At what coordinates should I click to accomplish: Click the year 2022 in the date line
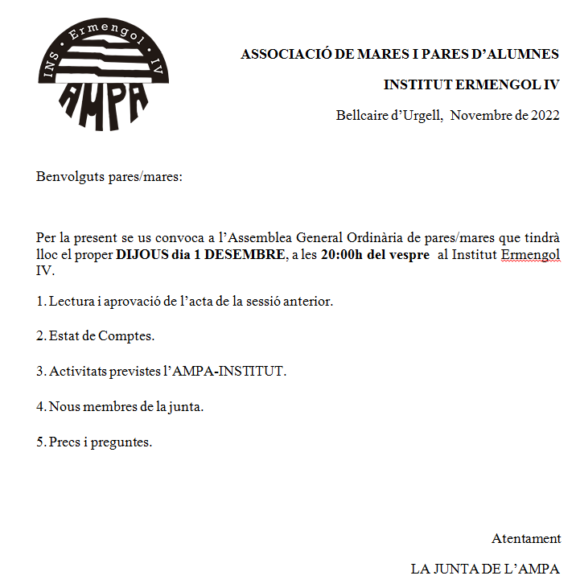(545, 115)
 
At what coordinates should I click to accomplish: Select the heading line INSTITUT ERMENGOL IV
(471, 84)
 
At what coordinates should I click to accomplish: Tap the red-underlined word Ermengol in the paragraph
(530, 255)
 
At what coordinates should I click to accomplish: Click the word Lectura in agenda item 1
(71, 302)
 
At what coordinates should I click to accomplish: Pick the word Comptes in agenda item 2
(125, 336)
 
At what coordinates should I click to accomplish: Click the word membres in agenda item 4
(107, 407)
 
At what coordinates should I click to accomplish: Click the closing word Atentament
(526, 539)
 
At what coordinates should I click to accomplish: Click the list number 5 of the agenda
(39, 442)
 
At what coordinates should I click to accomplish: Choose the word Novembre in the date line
(481, 115)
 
